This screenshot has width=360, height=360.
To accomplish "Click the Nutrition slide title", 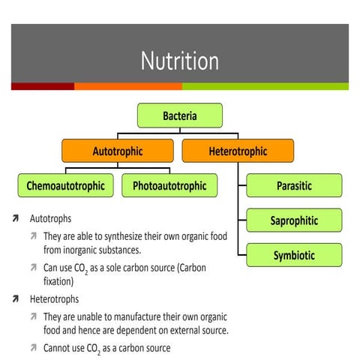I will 179,61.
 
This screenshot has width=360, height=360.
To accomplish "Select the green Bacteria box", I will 180,115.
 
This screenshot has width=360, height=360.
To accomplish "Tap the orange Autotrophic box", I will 117,151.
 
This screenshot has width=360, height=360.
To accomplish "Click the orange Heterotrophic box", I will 237,151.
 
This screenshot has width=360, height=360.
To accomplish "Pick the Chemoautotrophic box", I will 66,185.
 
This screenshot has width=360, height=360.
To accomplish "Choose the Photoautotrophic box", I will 169,185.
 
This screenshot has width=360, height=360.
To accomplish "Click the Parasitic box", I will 293,185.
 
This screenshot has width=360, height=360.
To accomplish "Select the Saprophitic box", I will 293,220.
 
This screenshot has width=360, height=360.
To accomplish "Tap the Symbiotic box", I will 293,255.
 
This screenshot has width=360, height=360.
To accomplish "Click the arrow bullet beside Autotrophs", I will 16,220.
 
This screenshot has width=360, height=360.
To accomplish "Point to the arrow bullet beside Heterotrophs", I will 16,299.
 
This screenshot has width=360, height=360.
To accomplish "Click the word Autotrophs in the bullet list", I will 50,220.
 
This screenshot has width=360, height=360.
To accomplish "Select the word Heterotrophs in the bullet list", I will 54,299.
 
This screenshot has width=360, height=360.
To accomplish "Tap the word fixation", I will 58,283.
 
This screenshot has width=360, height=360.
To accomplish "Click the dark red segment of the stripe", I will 42,86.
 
